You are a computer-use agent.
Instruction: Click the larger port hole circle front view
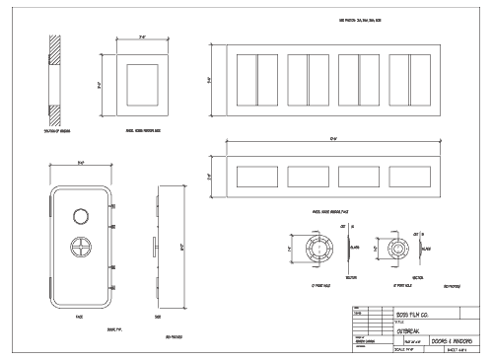314,252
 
